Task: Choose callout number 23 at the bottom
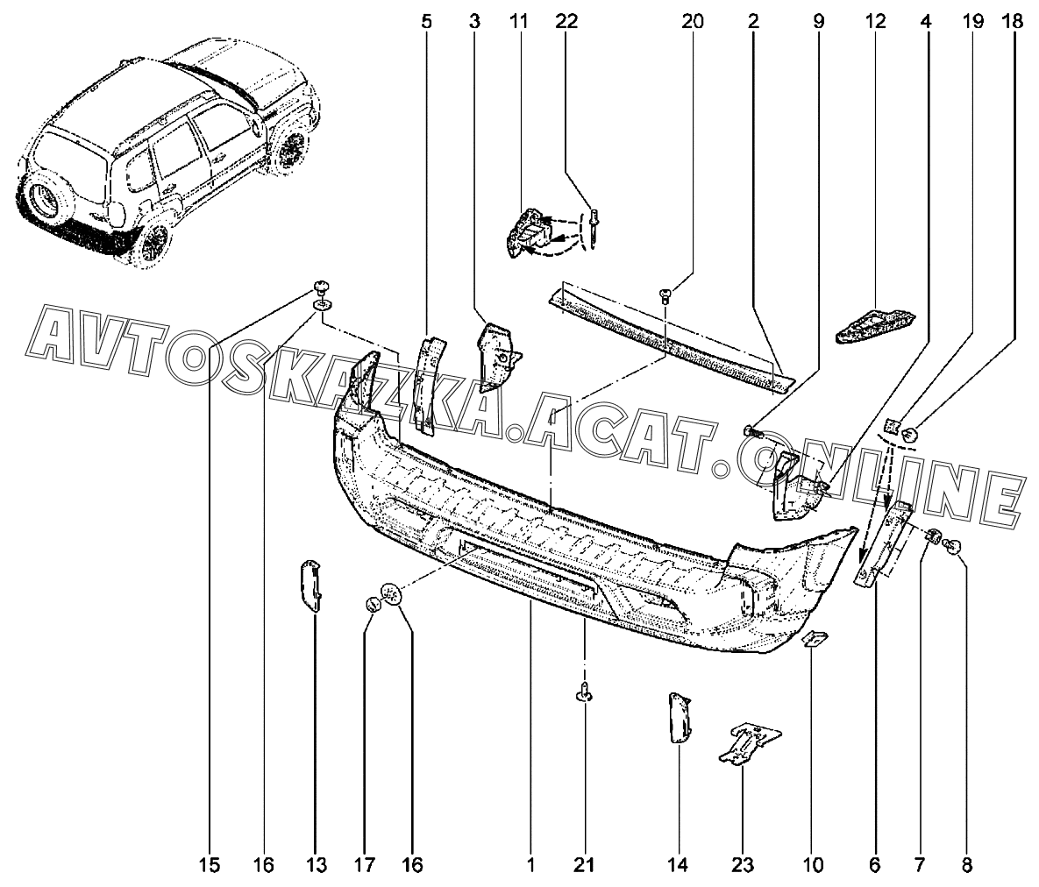point(743,866)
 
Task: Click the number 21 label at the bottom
point(584,866)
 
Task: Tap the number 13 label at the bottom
point(317,866)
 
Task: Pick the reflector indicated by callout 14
point(680,717)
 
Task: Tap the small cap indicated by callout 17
point(373,605)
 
